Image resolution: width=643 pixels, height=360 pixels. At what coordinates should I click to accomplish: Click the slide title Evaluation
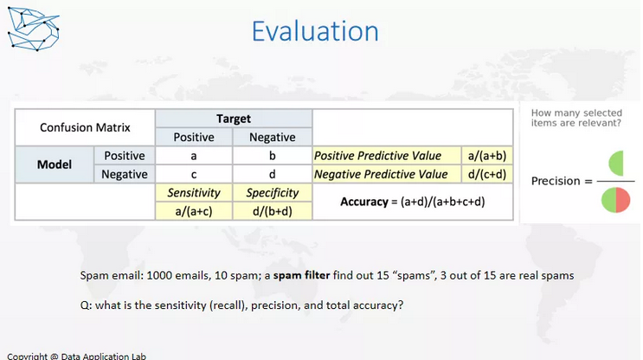[315, 31]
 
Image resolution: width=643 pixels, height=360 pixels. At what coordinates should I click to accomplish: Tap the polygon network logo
[34, 29]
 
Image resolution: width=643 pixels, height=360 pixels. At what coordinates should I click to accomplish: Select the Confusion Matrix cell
[85, 127]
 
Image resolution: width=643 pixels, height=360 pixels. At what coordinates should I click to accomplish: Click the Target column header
[234, 119]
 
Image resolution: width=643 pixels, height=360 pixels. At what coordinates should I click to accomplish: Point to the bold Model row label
[55, 164]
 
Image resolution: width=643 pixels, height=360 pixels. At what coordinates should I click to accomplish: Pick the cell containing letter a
[194, 156]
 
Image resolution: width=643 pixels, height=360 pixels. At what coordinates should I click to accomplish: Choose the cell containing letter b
[273, 156]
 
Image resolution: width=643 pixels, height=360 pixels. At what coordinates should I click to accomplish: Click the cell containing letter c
[194, 174]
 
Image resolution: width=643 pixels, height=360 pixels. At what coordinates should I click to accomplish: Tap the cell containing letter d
[273, 174]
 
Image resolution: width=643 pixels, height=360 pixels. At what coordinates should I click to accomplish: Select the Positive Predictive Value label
[377, 156]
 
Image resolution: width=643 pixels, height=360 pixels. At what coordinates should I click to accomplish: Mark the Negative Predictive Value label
[381, 174]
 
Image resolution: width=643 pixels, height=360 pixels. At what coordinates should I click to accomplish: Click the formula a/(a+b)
[487, 156]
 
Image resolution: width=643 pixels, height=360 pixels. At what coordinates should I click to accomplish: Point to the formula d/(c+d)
[487, 174]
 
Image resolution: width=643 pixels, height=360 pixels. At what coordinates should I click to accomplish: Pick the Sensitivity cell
[194, 193]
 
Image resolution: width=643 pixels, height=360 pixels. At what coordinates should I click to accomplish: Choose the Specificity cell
[273, 193]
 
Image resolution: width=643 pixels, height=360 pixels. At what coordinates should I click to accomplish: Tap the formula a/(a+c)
[194, 211]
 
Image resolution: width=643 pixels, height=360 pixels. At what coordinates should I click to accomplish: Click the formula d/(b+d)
[273, 211]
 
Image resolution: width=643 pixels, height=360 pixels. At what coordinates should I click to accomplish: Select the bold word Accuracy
[364, 202]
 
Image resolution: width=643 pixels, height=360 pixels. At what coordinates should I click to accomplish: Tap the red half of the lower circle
[622, 200]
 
